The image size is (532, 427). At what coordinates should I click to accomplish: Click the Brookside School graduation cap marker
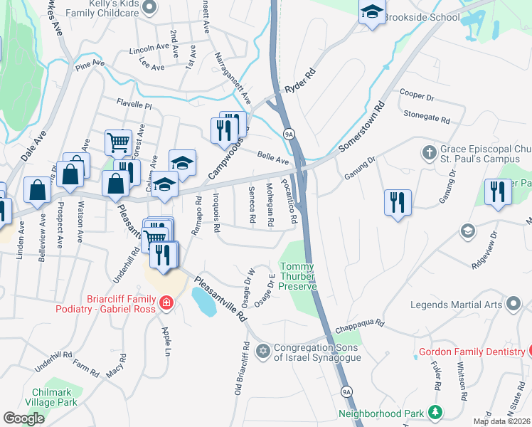click(371, 12)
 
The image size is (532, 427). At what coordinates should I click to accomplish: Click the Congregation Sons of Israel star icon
click(263, 351)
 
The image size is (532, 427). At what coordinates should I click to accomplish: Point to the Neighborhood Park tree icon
click(434, 413)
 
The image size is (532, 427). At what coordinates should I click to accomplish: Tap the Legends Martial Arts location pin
click(512, 305)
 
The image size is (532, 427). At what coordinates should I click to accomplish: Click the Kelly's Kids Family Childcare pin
click(149, 8)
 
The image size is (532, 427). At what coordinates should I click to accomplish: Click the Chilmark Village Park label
click(54, 397)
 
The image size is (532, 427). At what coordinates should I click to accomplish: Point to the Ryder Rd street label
click(299, 83)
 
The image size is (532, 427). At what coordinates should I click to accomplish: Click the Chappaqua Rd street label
click(360, 325)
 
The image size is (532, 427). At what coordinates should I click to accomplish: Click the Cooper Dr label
click(417, 94)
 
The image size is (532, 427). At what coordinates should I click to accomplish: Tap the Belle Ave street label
click(273, 157)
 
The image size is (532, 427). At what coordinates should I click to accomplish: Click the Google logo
click(24, 418)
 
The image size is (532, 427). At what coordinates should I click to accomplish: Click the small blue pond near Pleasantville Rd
click(204, 303)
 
